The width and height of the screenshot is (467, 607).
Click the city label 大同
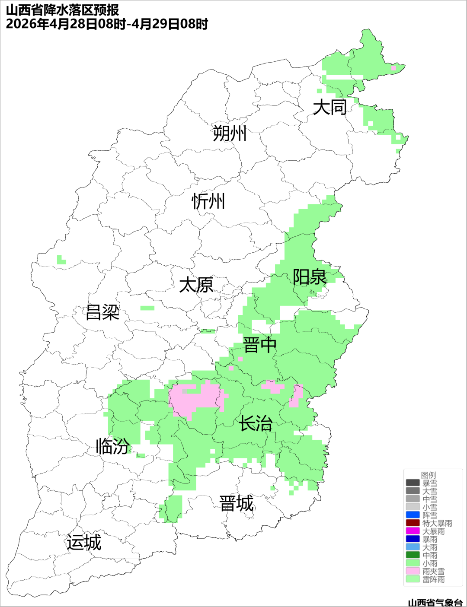(x=329, y=107)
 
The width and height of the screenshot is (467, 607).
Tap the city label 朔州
(x=230, y=133)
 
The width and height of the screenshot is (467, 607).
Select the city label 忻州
(x=208, y=201)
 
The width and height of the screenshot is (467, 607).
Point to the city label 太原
(x=196, y=285)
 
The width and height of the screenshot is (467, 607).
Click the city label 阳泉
(x=310, y=277)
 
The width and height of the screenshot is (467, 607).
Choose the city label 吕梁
(x=102, y=312)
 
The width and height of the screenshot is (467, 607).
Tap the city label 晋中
(x=259, y=345)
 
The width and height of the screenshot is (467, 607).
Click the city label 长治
(x=256, y=423)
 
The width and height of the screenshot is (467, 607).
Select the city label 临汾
(x=112, y=446)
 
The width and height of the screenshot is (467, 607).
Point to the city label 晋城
(x=237, y=504)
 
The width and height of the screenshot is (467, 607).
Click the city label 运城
(x=84, y=543)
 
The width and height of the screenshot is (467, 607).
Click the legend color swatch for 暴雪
(x=413, y=483)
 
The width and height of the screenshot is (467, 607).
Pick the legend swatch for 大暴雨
(x=413, y=531)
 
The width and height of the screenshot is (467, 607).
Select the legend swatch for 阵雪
(x=413, y=515)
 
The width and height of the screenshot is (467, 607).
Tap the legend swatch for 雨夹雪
(x=413, y=571)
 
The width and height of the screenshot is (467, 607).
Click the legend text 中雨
(x=430, y=555)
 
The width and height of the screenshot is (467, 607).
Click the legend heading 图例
(x=429, y=475)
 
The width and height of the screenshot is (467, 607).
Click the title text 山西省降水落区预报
(x=63, y=10)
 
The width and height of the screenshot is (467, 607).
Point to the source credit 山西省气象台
(x=435, y=602)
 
